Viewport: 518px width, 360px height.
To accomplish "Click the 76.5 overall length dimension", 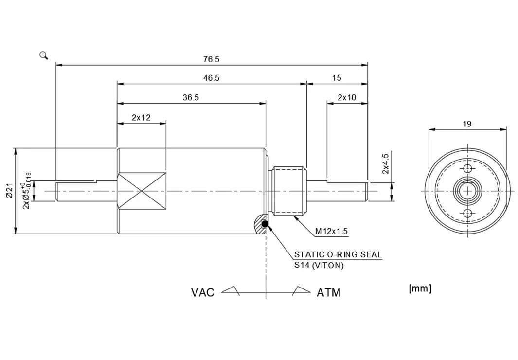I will click(211, 59).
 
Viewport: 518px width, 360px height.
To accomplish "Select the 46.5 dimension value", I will click(211, 78).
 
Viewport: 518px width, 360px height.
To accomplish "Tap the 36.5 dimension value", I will click(191, 97).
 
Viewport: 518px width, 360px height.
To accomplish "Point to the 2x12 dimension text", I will click(141, 117).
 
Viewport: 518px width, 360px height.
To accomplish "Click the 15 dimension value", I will click(337, 78).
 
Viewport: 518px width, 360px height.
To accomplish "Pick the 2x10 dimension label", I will click(347, 97).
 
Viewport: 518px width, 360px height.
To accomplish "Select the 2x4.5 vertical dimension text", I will click(385, 163).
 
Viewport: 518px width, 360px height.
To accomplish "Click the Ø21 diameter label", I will click(9, 191).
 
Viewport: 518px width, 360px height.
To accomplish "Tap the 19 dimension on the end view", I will click(467, 124).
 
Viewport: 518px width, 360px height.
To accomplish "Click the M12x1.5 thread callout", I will click(331, 231).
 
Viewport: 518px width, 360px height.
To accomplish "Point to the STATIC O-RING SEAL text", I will click(338, 254).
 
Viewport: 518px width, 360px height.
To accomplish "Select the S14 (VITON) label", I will click(319, 265).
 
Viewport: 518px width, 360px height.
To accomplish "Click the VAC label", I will click(202, 292).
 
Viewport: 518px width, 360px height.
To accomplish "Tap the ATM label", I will click(329, 292).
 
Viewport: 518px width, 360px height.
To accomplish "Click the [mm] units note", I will click(420, 288).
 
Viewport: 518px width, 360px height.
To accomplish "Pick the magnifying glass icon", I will click(44, 55).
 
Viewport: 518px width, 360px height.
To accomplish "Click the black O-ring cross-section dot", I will click(265, 224).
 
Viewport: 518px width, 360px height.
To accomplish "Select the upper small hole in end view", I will click(467, 169).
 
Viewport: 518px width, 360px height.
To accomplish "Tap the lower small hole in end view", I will click(467, 213).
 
